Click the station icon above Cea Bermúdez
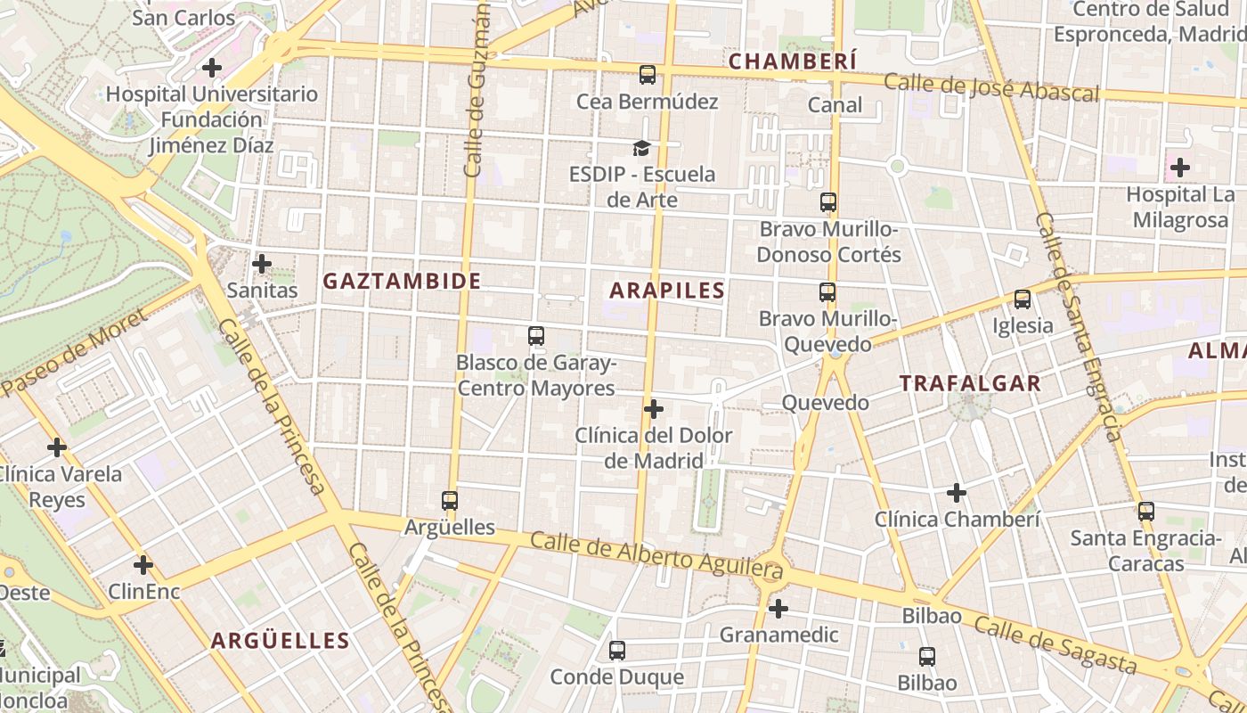648,75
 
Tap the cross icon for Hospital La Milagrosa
1179,167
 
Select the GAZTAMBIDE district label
402,282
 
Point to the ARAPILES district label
667,291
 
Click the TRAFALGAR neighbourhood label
970,384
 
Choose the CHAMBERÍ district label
793,61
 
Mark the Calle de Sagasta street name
1055,644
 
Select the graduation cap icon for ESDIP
641,148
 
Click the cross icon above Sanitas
262,264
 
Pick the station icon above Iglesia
1023,299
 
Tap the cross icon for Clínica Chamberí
957,492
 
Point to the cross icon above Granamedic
778,609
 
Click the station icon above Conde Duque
617,651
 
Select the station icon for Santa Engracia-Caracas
1145,512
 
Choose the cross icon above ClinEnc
143,565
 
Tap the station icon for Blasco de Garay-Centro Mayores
536,336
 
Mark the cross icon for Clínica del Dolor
654,409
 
